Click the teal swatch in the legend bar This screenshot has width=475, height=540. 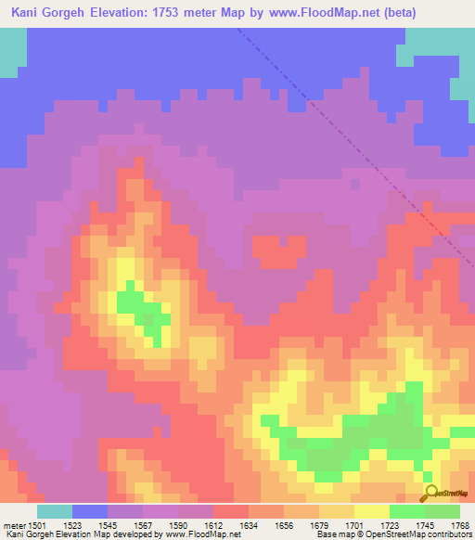(55, 511)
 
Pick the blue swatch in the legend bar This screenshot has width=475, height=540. (90, 511)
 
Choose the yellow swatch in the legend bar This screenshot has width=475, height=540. (371, 511)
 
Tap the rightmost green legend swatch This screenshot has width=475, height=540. (442, 511)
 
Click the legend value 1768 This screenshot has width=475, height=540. (458, 525)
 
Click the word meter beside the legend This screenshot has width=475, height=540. (14, 525)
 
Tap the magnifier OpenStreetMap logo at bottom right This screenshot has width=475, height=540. (431, 493)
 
